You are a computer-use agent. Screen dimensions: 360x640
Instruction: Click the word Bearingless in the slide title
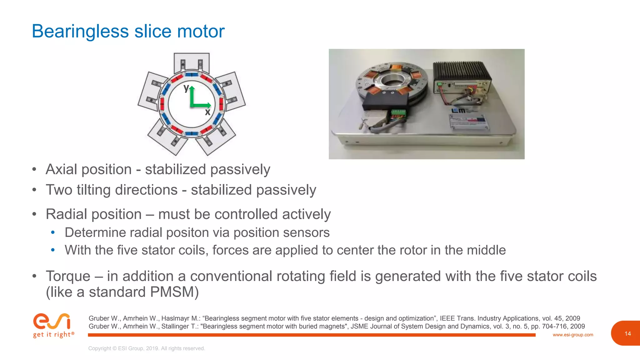(80, 31)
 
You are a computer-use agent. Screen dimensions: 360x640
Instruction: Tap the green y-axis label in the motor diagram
(186, 88)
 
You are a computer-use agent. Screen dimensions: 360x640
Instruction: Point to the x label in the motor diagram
(207, 112)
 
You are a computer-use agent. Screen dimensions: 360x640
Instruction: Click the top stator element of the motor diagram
(192, 62)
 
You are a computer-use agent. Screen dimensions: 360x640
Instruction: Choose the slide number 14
(627, 334)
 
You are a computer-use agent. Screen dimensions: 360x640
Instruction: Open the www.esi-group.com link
(573, 335)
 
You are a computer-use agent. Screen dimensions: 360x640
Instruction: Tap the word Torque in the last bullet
(68, 276)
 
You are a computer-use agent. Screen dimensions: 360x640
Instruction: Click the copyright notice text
(147, 348)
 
